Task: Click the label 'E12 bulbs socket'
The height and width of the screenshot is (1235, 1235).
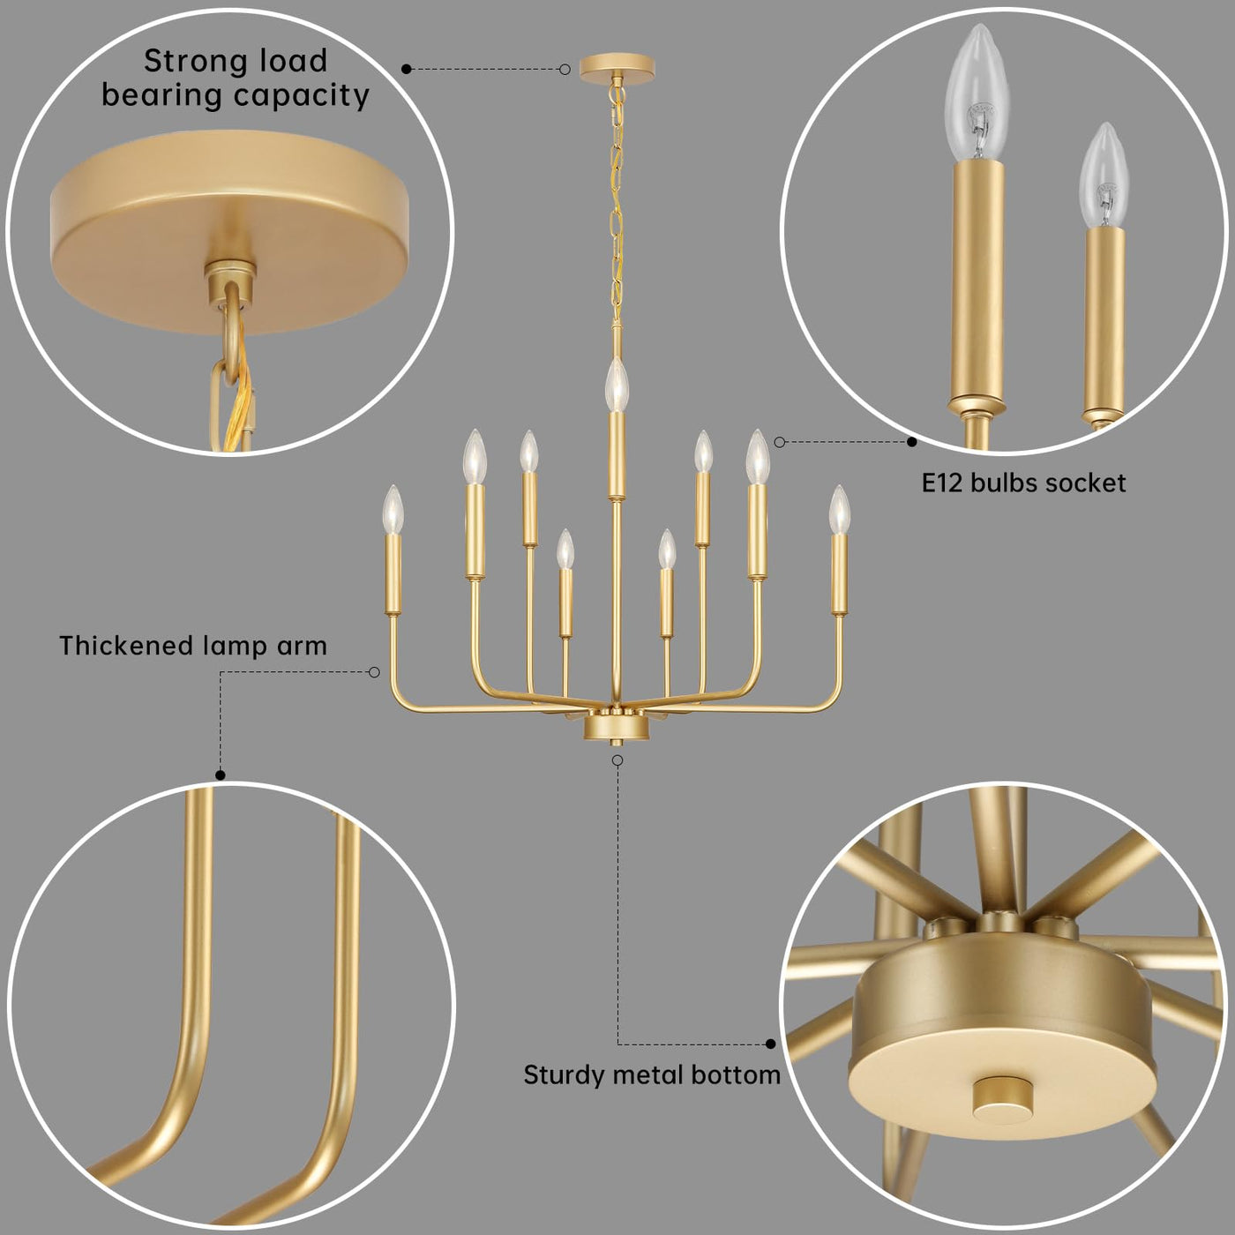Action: point(1023,483)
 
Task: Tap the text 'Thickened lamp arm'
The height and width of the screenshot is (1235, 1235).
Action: point(193,646)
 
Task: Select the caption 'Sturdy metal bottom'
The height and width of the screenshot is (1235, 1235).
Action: point(652,1074)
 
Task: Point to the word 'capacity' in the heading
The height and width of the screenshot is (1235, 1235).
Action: point(302,96)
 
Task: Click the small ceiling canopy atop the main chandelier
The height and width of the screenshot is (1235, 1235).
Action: point(617,68)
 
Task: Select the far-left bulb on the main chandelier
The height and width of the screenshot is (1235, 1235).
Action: point(393,510)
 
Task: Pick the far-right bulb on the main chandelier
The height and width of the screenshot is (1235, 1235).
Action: point(839,510)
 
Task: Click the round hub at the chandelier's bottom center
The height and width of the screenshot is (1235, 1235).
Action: point(617,728)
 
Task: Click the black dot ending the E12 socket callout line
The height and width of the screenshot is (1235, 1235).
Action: point(912,442)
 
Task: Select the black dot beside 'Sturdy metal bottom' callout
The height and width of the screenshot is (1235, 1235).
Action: point(771,1044)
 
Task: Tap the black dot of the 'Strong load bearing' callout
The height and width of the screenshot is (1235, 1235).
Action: point(407,69)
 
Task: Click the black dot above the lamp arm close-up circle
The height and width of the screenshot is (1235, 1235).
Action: point(221,775)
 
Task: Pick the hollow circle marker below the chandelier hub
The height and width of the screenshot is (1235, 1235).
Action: point(617,760)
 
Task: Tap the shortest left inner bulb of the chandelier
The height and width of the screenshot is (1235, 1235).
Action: point(565,550)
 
